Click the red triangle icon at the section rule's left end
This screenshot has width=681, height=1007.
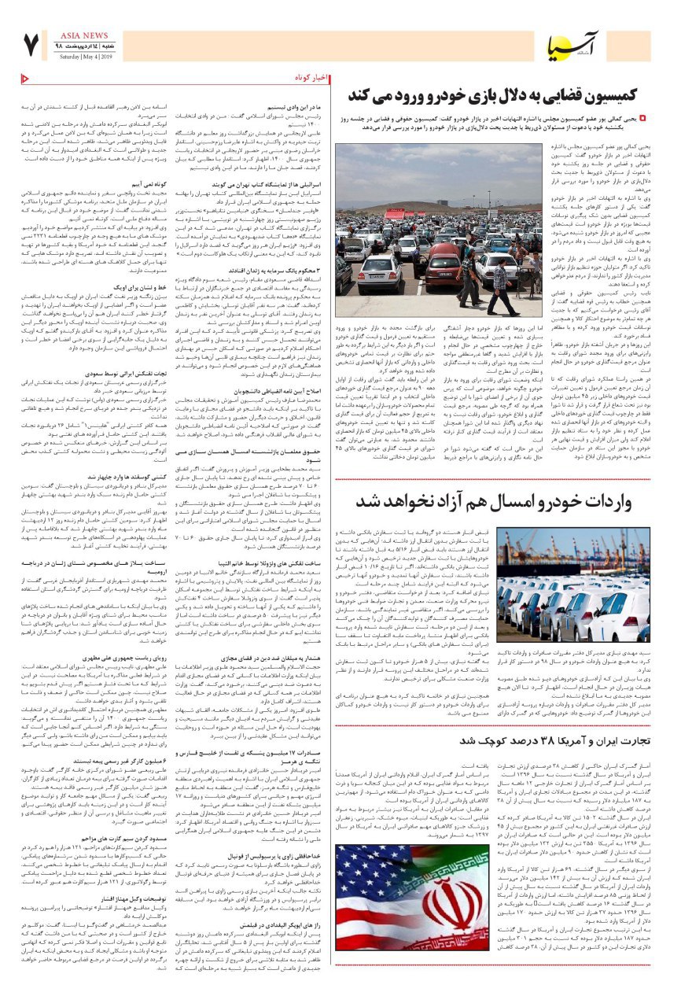tap(24, 78)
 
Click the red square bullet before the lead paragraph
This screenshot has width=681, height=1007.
tap(642, 118)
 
